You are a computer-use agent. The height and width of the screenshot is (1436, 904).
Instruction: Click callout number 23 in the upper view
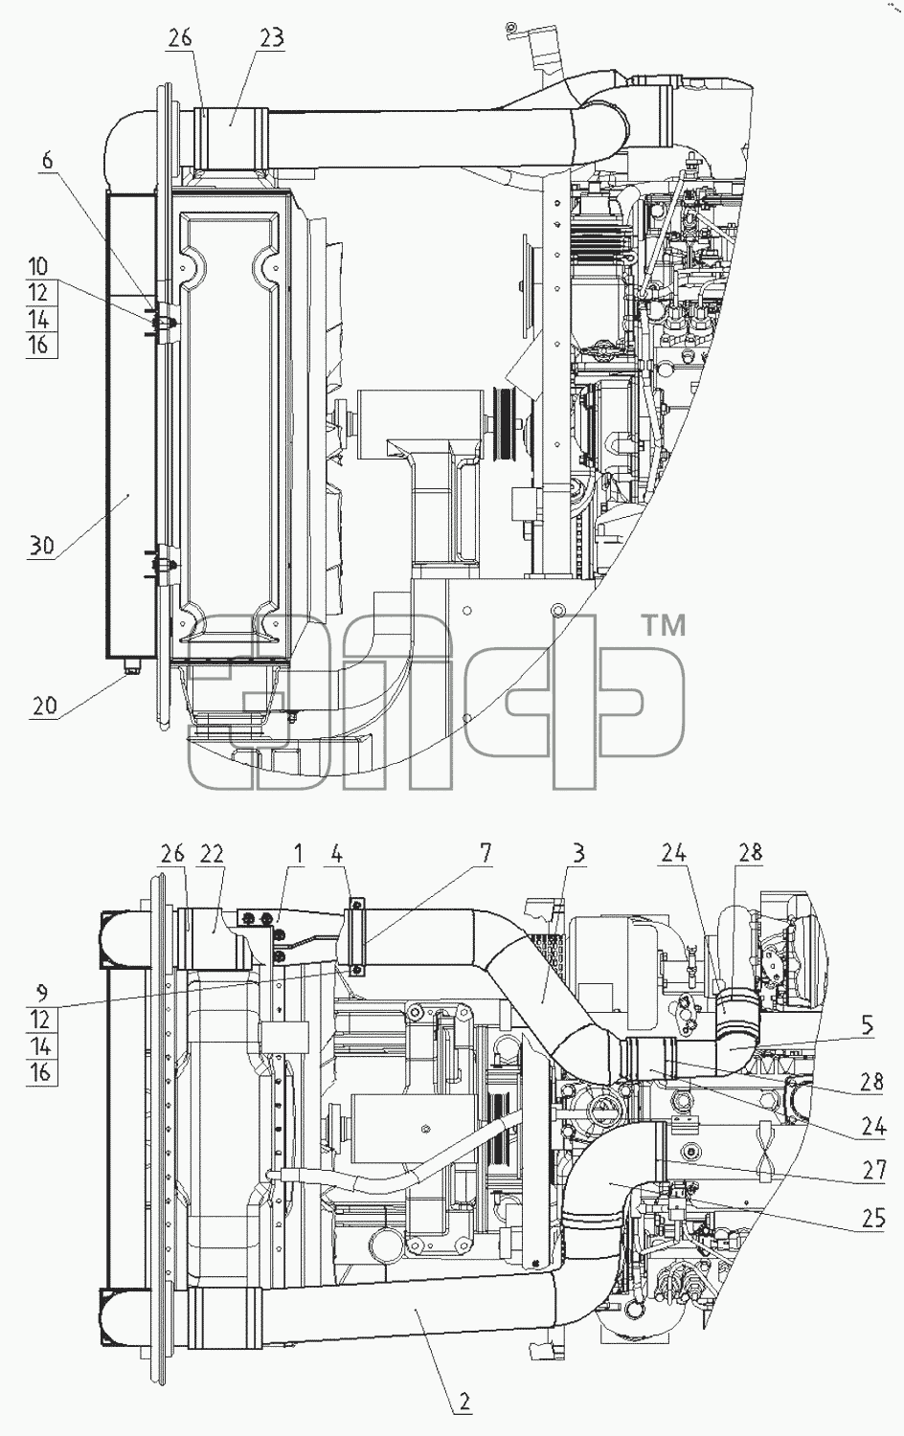271,38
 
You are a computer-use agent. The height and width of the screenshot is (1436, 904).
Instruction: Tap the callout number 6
48,160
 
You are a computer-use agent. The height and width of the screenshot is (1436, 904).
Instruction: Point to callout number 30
41,546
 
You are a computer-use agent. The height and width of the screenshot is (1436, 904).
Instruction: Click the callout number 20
44,706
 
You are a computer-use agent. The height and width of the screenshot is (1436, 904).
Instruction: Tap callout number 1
298,853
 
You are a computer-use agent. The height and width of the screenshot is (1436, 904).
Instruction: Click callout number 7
486,853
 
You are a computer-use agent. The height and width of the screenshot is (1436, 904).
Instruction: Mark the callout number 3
578,853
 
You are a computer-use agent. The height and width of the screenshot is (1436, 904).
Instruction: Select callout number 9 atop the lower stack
41,993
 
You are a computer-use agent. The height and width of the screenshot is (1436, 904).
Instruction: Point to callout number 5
867,1025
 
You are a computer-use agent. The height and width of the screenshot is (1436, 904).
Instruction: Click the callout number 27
874,1170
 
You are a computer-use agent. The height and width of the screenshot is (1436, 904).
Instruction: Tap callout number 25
874,1218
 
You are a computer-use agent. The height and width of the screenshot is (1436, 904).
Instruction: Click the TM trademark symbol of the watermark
665,625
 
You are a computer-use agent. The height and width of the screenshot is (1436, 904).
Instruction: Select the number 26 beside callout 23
179,38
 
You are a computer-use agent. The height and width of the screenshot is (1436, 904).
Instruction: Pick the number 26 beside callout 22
171,853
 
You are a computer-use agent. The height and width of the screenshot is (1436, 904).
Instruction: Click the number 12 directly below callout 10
38,292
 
